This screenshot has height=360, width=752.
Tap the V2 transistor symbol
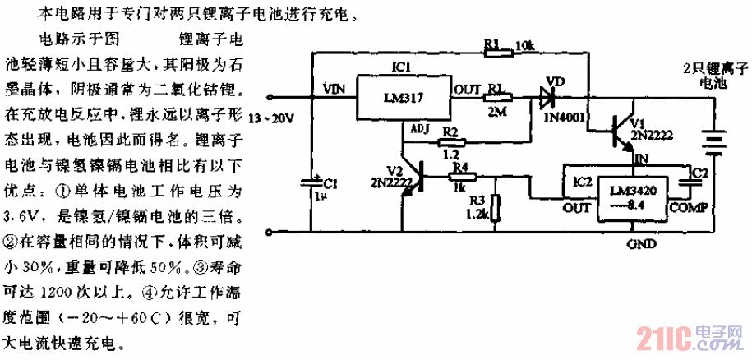pyautogui.click(x=416, y=175)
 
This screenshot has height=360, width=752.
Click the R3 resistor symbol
pyautogui.click(x=494, y=209)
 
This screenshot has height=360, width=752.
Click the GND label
pyautogui.click(x=641, y=244)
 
